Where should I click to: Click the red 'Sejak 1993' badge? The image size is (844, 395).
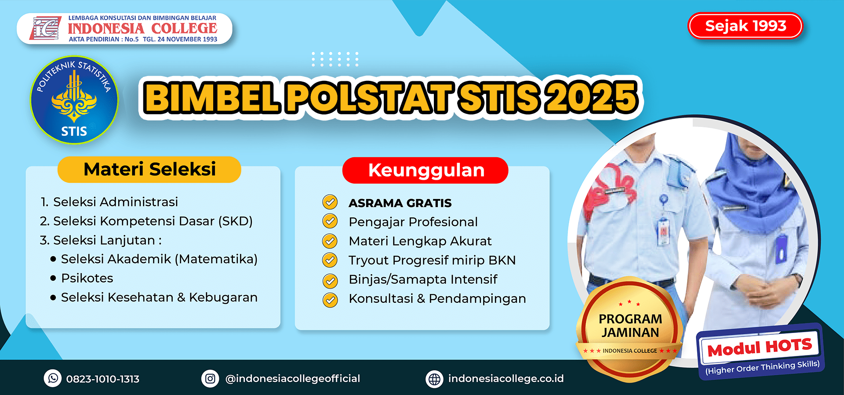point(745,26)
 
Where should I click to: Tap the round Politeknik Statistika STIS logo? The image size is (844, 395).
point(74,100)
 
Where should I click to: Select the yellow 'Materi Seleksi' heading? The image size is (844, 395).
point(149,169)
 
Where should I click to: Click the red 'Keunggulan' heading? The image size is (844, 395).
point(426,170)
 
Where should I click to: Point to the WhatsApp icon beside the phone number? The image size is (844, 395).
point(53,378)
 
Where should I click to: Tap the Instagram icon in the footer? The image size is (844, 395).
point(210,378)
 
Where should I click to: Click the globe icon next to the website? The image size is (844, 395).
point(434,379)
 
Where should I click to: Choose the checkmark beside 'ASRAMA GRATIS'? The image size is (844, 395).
point(330,202)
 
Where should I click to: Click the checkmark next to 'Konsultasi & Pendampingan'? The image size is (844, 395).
point(330,300)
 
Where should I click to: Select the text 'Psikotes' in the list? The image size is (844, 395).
point(87,278)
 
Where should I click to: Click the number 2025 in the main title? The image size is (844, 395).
point(591,98)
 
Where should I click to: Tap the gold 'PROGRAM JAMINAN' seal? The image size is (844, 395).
point(629,329)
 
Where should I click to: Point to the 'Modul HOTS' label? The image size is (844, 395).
point(759,348)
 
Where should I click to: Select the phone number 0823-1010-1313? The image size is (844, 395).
point(103,379)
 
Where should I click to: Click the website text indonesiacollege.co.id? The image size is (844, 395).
point(506,378)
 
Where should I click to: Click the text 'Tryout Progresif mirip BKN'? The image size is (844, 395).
point(432,260)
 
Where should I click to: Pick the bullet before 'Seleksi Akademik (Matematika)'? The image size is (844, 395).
point(53,259)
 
